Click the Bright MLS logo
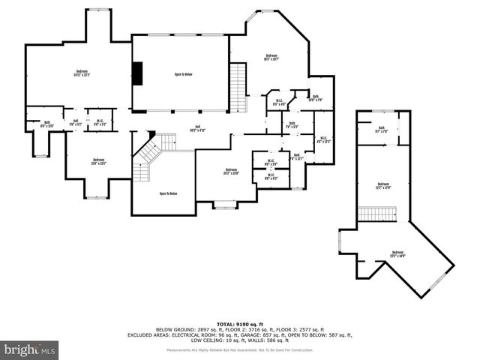[x=30, y=349]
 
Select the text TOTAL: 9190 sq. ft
[x=239, y=323]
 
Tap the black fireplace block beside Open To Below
[x=137, y=73]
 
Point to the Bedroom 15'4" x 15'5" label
[x=99, y=160]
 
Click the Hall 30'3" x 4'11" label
[x=198, y=127]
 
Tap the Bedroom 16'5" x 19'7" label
[x=271, y=57]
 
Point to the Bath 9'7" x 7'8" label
[x=380, y=129]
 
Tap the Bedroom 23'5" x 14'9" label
[x=397, y=253]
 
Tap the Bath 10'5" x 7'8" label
[x=316, y=97]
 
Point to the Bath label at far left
[x=46, y=124]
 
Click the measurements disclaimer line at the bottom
[x=239, y=350]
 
